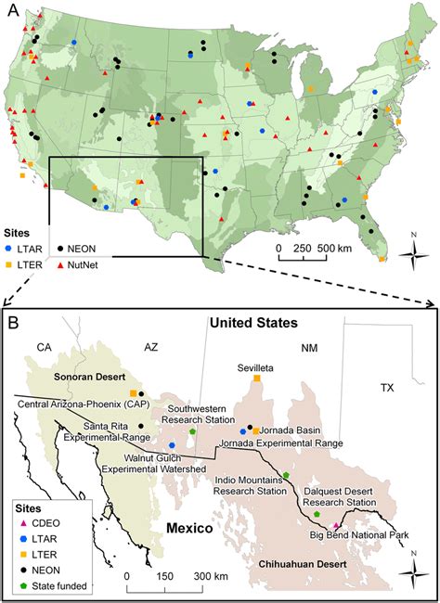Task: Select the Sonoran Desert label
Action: coord(71,380)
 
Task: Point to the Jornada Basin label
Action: coord(296,431)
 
